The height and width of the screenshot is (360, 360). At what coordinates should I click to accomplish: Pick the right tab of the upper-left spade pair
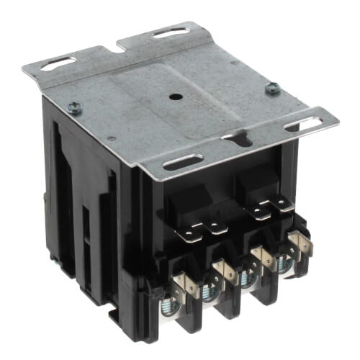click(215, 226)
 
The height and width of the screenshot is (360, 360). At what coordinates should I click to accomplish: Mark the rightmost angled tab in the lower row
click(304, 245)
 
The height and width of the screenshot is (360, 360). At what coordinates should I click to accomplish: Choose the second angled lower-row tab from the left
click(224, 273)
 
